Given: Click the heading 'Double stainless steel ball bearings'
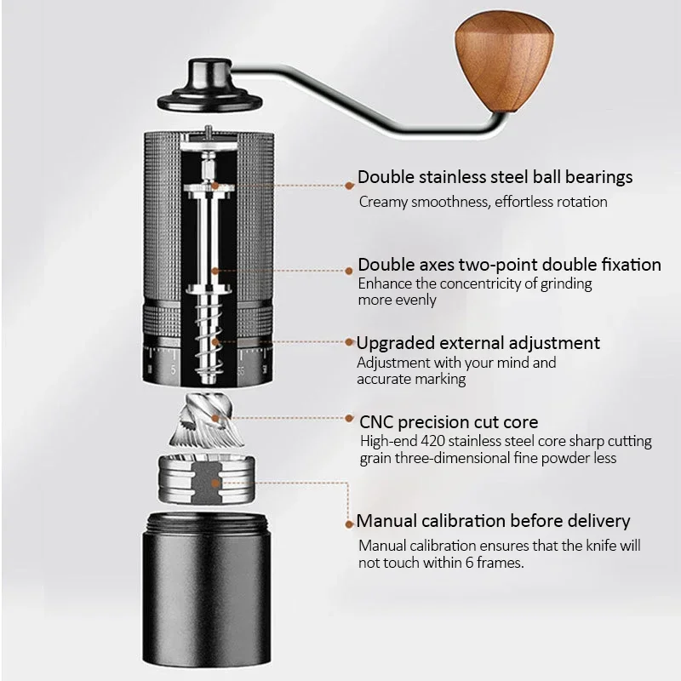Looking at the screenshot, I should coord(495,177).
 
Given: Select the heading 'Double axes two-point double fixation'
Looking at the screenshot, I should coord(509,265).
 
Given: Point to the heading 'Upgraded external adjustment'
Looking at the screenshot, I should coord(478,343).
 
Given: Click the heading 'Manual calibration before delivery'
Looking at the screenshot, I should coord(493,521).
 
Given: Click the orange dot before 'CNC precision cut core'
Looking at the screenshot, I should coord(351,420).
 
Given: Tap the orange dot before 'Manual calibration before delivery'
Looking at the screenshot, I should coord(349,524).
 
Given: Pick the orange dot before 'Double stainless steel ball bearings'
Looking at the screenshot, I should coord(349,184).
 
